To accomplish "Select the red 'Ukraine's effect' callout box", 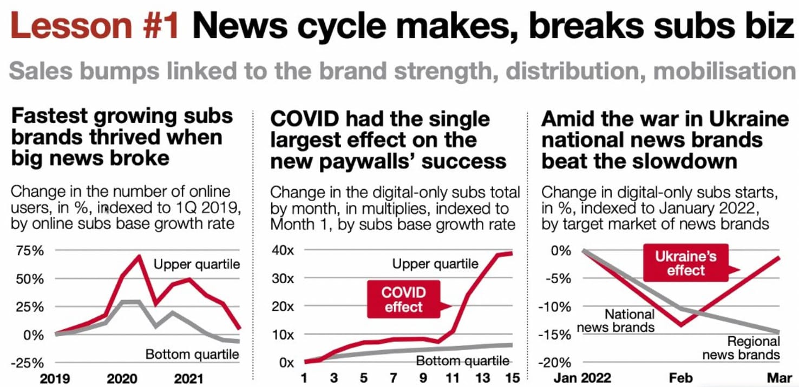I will coord(685,263).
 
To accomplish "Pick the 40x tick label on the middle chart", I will coord(283,251).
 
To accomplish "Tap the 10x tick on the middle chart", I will coord(283,335).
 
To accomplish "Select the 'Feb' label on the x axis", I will coord(680,378).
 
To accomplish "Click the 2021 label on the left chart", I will coord(188,378).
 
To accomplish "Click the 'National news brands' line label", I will coord(615,321).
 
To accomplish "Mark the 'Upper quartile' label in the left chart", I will coord(197,264).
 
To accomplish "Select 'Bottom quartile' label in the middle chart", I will coord(462,361).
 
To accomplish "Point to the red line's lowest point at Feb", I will coord(680,325).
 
